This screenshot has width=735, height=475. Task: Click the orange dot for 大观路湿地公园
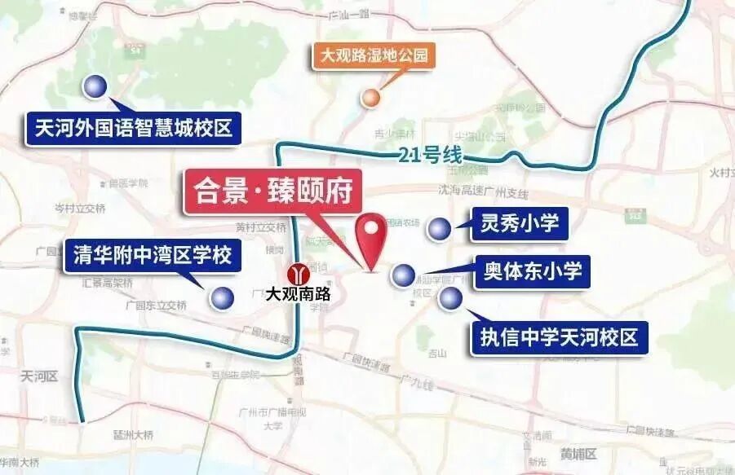(371, 98)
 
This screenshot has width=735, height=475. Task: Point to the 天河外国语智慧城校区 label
(134, 129)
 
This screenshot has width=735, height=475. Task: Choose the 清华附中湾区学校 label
(153, 256)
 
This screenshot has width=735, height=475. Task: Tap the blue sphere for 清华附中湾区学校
(220, 297)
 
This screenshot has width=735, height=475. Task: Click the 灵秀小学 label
(520, 224)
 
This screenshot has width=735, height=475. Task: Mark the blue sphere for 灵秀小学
(440, 229)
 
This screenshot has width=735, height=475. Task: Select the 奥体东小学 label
(532, 272)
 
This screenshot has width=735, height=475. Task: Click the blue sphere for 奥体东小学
(403, 275)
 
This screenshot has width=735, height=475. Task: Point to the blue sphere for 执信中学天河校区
(449, 299)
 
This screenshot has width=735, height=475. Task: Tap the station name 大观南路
(299, 294)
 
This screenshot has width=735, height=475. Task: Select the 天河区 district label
(38, 376)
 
